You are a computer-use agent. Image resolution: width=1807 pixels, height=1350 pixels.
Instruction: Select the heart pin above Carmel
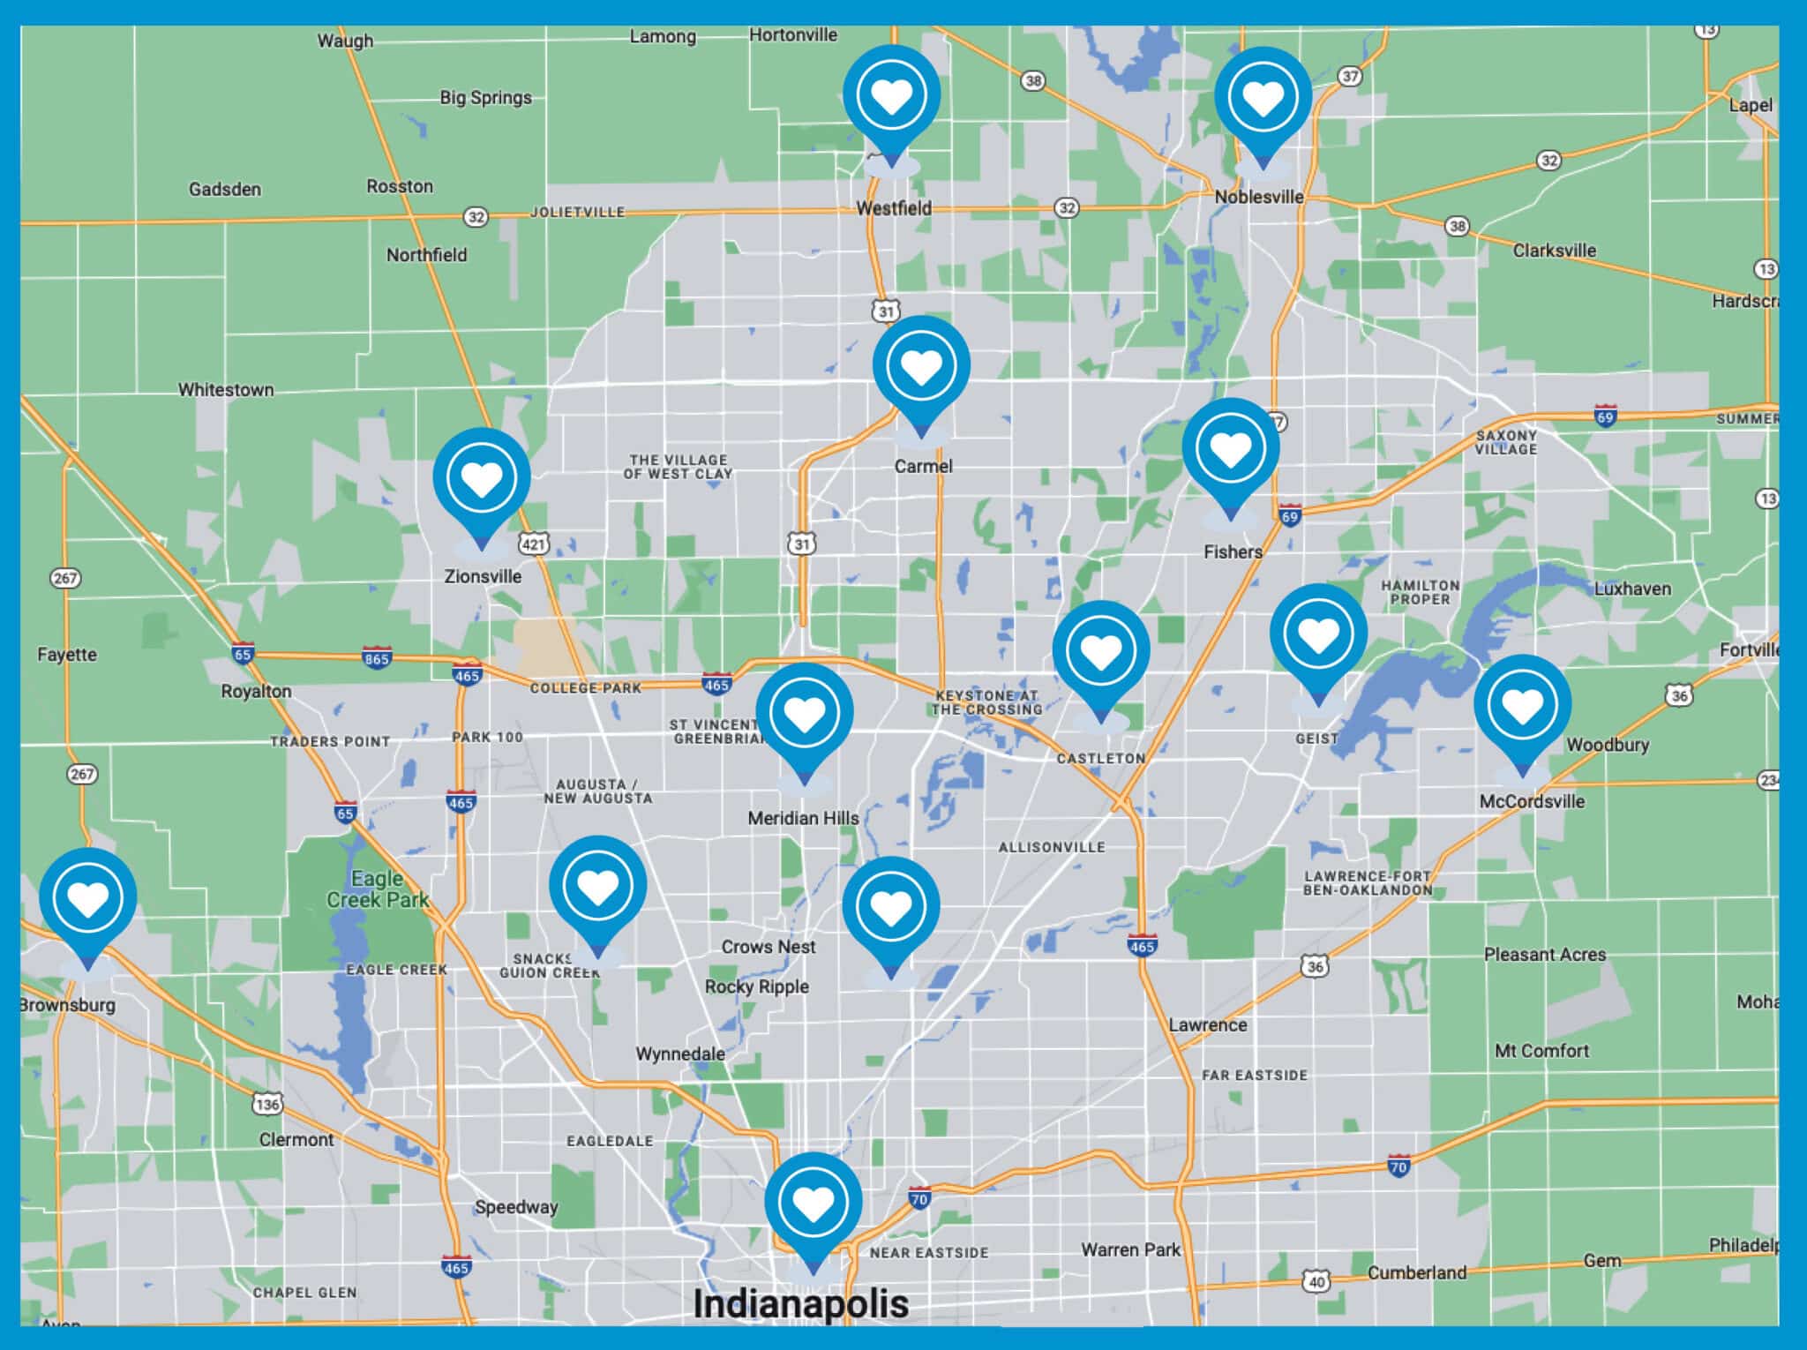[921, 366]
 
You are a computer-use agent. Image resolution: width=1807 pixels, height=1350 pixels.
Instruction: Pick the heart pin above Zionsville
[482, 478]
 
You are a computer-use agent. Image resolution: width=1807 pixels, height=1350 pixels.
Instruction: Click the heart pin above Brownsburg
[88, 898]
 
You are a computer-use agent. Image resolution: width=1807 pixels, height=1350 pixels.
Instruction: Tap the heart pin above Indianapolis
[813, 1202]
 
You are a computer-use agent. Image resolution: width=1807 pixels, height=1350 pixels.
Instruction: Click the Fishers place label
[1233, 552]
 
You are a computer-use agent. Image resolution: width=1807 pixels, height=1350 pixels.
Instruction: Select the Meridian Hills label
[803, 819]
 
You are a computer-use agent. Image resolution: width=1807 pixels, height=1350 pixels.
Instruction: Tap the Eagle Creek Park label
[378, 889]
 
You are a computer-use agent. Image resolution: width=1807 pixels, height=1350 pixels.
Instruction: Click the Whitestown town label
[226, 390]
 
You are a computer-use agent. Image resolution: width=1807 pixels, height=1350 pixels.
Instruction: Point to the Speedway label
[516, 1207]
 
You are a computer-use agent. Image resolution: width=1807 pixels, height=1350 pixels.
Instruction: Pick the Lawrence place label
[1208, 1025]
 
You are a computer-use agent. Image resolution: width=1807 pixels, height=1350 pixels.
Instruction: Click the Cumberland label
[1416, 1272]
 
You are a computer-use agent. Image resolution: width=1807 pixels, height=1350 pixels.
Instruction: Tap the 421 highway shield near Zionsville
[534, 544]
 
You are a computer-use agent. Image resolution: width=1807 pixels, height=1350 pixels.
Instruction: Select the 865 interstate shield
[377, 658]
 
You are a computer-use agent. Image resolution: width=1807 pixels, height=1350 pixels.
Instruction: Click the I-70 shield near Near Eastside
[919, 1198]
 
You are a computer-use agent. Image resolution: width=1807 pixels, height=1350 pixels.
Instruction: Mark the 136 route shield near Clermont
[267, 1104]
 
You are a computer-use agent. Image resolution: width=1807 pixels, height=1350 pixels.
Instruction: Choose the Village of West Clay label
[678, 467]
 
